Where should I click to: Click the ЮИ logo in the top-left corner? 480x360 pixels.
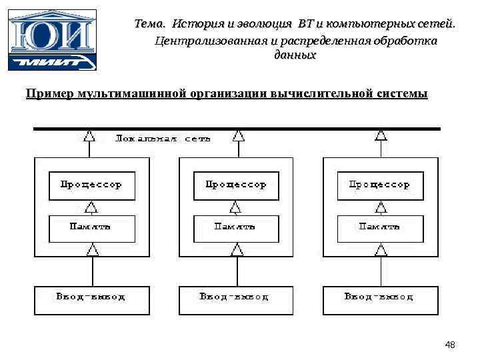tap(53, 39)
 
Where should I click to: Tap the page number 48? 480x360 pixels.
tap(450, 345)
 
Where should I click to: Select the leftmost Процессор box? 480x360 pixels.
tap(92, 185)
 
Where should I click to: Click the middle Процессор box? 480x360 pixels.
tap(236, 185)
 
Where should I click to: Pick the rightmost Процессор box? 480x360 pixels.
tap(381, 185)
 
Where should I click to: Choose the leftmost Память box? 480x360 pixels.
tap(92, 227)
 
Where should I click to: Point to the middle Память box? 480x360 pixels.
tap(236, 227)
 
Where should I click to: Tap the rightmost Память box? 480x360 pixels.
tap(381, 227)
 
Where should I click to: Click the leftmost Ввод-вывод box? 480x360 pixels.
tap(92, 299)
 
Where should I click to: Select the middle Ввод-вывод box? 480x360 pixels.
tap(236, 299)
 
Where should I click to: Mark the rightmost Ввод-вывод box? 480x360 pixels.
tap(381, 299)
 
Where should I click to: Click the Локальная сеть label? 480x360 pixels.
tap(163, 139)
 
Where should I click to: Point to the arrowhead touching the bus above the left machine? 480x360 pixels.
tap(89, 136)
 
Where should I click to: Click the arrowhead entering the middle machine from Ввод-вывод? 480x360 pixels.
tap(236, 249)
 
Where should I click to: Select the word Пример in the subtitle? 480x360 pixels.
tap(50, 93)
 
